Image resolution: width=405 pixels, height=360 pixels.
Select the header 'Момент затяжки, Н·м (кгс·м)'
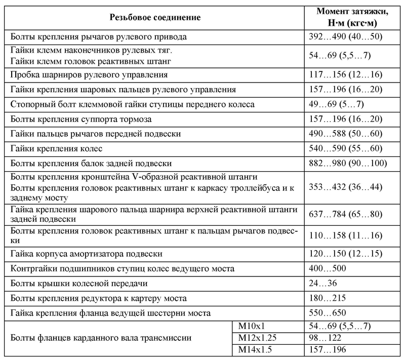352,17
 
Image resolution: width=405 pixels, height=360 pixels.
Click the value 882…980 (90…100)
347,163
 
